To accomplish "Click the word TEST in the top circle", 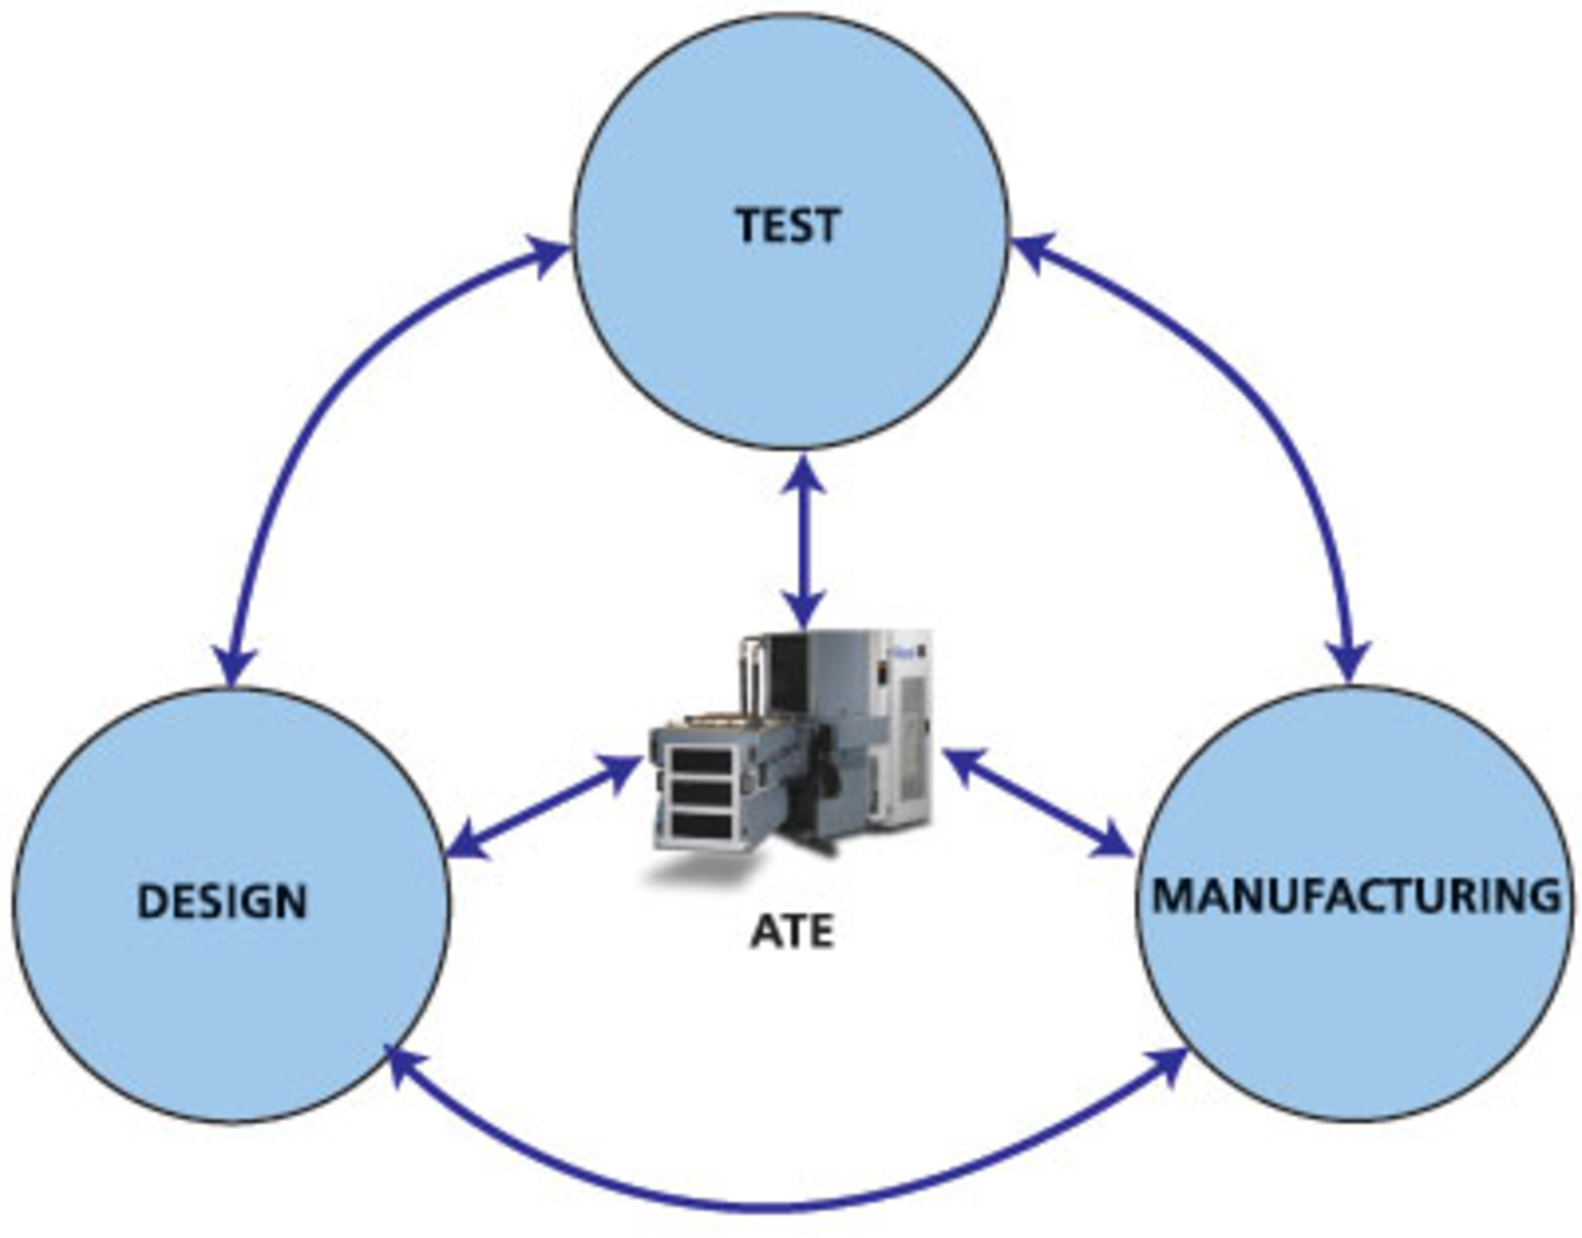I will (789, 225).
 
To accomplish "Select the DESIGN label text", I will (222, 902).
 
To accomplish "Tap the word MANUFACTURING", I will (1355, 896).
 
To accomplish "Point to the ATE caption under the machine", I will (792, 932).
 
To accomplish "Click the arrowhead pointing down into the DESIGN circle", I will (236, 664).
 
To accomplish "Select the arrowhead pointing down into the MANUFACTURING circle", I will (1349, 659).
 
